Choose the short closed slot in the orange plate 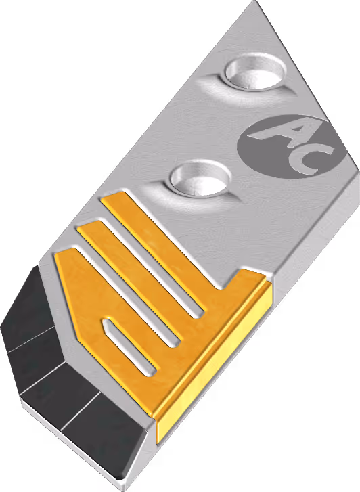[129, 346]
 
